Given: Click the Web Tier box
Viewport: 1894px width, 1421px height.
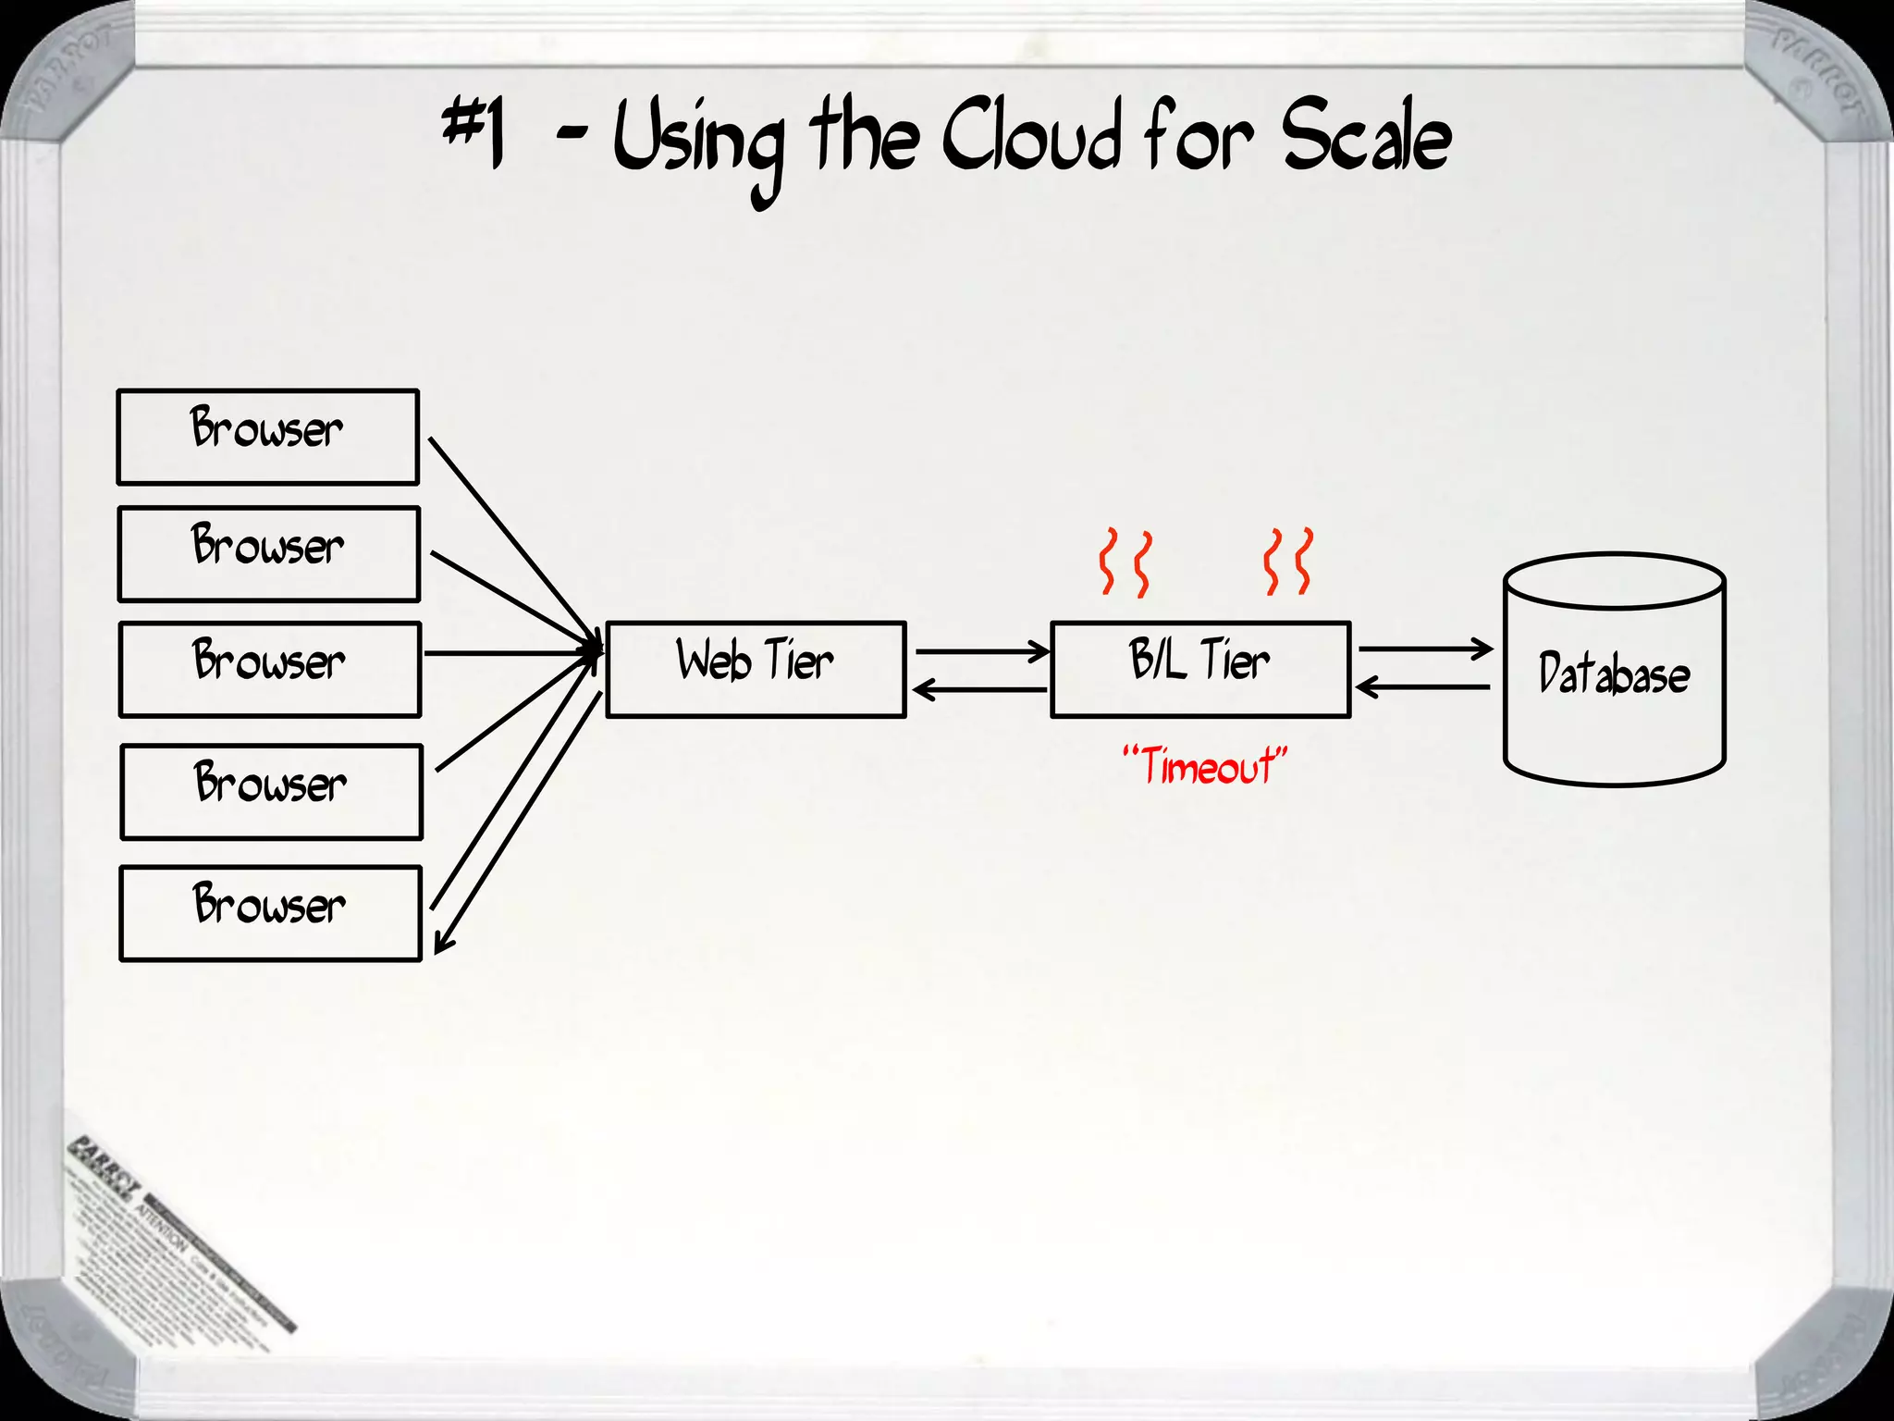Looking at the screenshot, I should (x=756, y=669).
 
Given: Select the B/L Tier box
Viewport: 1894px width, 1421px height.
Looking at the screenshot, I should (x=1200, y=669).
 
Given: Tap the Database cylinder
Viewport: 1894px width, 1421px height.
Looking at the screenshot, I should (x=1615, y=671).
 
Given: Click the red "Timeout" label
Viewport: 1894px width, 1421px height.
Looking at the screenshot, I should (x=1204, y=767).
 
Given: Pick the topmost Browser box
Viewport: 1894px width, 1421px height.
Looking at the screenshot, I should (x=268, y=437).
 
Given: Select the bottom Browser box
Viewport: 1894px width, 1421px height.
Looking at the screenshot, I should (x=270, y=913).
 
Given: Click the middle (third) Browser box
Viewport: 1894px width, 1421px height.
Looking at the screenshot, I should (x=270, y=669).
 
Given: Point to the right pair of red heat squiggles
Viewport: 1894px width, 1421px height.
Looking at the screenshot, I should (x=1288, y=562).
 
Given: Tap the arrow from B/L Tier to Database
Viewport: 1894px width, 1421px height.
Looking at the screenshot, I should (x=1424, y=649).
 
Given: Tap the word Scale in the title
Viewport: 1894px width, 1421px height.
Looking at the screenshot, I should (x=1365, y=139).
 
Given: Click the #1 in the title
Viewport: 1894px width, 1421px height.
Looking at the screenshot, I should (x=474, y=134).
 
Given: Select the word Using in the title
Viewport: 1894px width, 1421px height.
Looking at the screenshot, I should (x=699, y=143).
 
